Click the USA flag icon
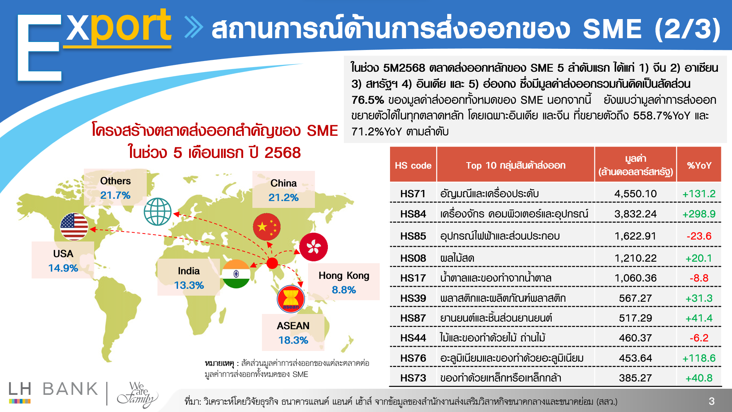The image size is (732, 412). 74,227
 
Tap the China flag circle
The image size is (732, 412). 267,227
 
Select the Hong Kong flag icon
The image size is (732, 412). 313,247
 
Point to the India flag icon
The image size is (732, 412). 236,274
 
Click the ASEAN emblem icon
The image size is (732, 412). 291,299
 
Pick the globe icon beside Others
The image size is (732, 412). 158,212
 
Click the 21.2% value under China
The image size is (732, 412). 283,198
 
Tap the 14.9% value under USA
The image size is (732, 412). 63,268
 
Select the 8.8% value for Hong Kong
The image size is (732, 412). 344,290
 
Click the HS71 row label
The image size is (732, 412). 413,194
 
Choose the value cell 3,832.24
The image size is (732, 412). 636,214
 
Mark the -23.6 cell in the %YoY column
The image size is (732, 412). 699,236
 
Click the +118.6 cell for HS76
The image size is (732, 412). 699,358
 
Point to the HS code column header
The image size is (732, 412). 413,166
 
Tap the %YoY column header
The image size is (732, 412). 699,166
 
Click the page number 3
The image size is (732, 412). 712,401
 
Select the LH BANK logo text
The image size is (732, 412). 53,389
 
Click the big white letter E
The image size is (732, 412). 39,48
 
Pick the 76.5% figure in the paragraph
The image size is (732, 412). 368,100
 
